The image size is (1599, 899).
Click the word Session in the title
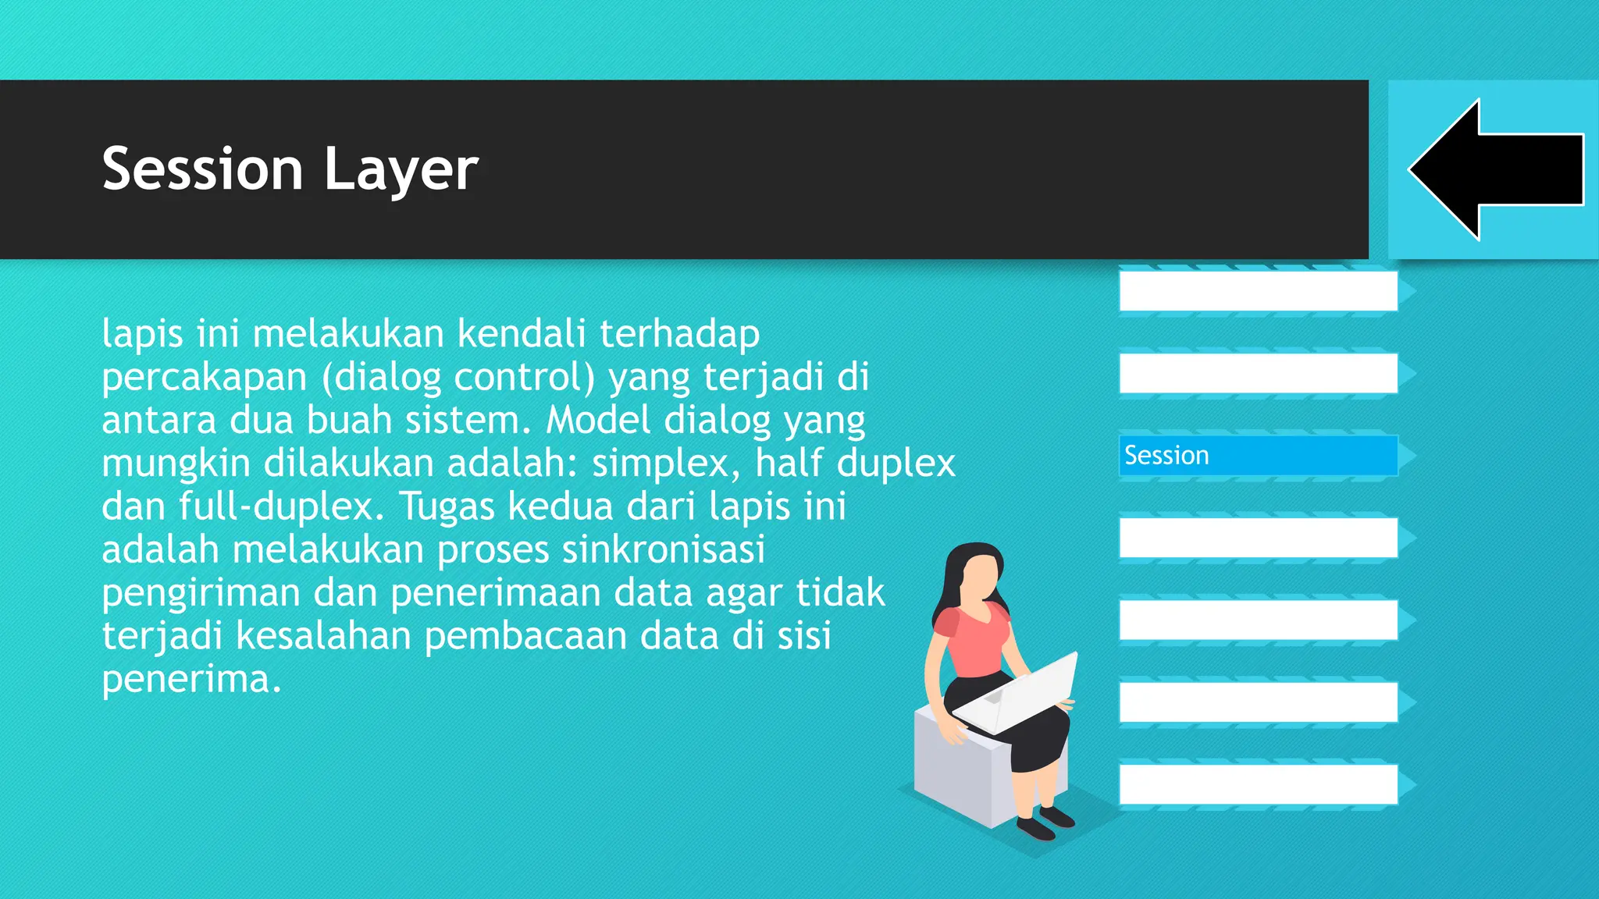[x=202, y=169]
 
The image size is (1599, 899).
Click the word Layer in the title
[x=401, y=170]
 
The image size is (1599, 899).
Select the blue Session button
[x=1258, y=456]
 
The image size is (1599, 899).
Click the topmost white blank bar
[x=1258, y=291]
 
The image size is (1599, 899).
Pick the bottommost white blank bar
[x=1258, y=784]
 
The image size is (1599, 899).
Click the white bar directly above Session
[x=1258, y=374]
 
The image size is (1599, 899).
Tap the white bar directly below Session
[x=1258, y=538]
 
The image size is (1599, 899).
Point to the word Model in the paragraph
[x=597, y=421]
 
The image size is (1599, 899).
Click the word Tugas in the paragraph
[x=447, y=506]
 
